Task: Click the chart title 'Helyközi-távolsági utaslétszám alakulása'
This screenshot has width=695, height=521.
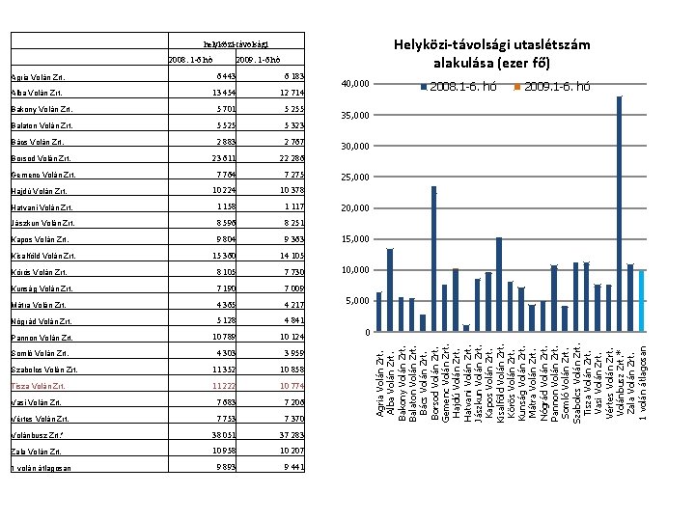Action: point(492,53)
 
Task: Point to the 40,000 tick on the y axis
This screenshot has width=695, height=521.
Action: point(357,85)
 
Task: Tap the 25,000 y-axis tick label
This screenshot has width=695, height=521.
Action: point(357,178)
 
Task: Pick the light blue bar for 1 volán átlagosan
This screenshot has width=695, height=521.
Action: point(641,301)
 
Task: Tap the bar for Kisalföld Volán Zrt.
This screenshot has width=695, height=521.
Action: point(499,285)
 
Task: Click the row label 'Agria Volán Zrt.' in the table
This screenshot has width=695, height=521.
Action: point(40,76)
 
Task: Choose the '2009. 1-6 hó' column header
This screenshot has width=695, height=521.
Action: point(258,60)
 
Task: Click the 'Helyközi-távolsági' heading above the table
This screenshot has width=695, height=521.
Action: point(236,44)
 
